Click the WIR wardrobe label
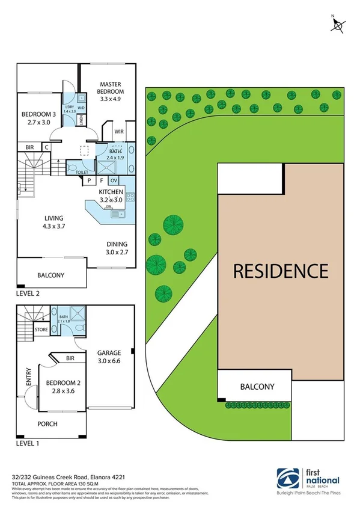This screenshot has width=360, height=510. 118,131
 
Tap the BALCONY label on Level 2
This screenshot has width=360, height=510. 50,275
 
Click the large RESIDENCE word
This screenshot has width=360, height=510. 280,271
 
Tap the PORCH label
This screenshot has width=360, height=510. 47,424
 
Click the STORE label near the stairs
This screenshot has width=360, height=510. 41,329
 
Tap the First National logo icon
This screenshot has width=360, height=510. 285,479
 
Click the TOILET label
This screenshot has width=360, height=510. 82,171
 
